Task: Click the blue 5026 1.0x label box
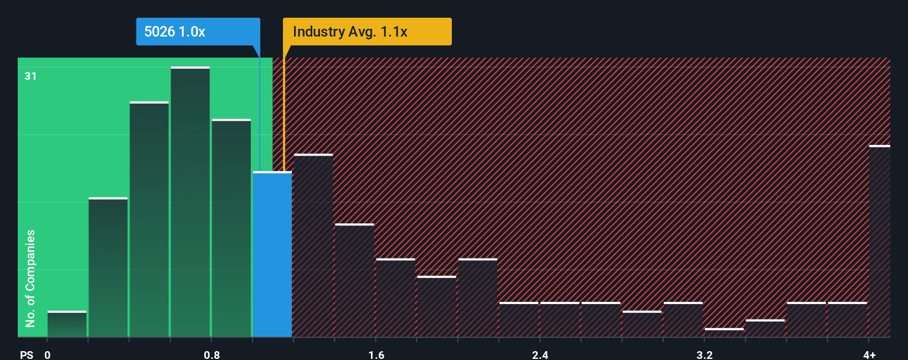198,32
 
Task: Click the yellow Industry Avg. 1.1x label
367,32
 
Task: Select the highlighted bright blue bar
272,255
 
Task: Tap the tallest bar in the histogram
190,202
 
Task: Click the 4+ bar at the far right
879,241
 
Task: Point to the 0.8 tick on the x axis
211,354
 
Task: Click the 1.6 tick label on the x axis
376,354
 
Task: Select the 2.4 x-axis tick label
540,354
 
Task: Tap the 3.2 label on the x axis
704,354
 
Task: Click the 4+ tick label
869,354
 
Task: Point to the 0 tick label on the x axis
48,354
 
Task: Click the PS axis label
27,354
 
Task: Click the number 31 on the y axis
30,76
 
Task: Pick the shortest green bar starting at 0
67,325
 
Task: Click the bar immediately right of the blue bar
313,246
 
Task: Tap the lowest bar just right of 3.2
724,332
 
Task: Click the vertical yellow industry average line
283,111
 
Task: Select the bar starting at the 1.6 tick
395,298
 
